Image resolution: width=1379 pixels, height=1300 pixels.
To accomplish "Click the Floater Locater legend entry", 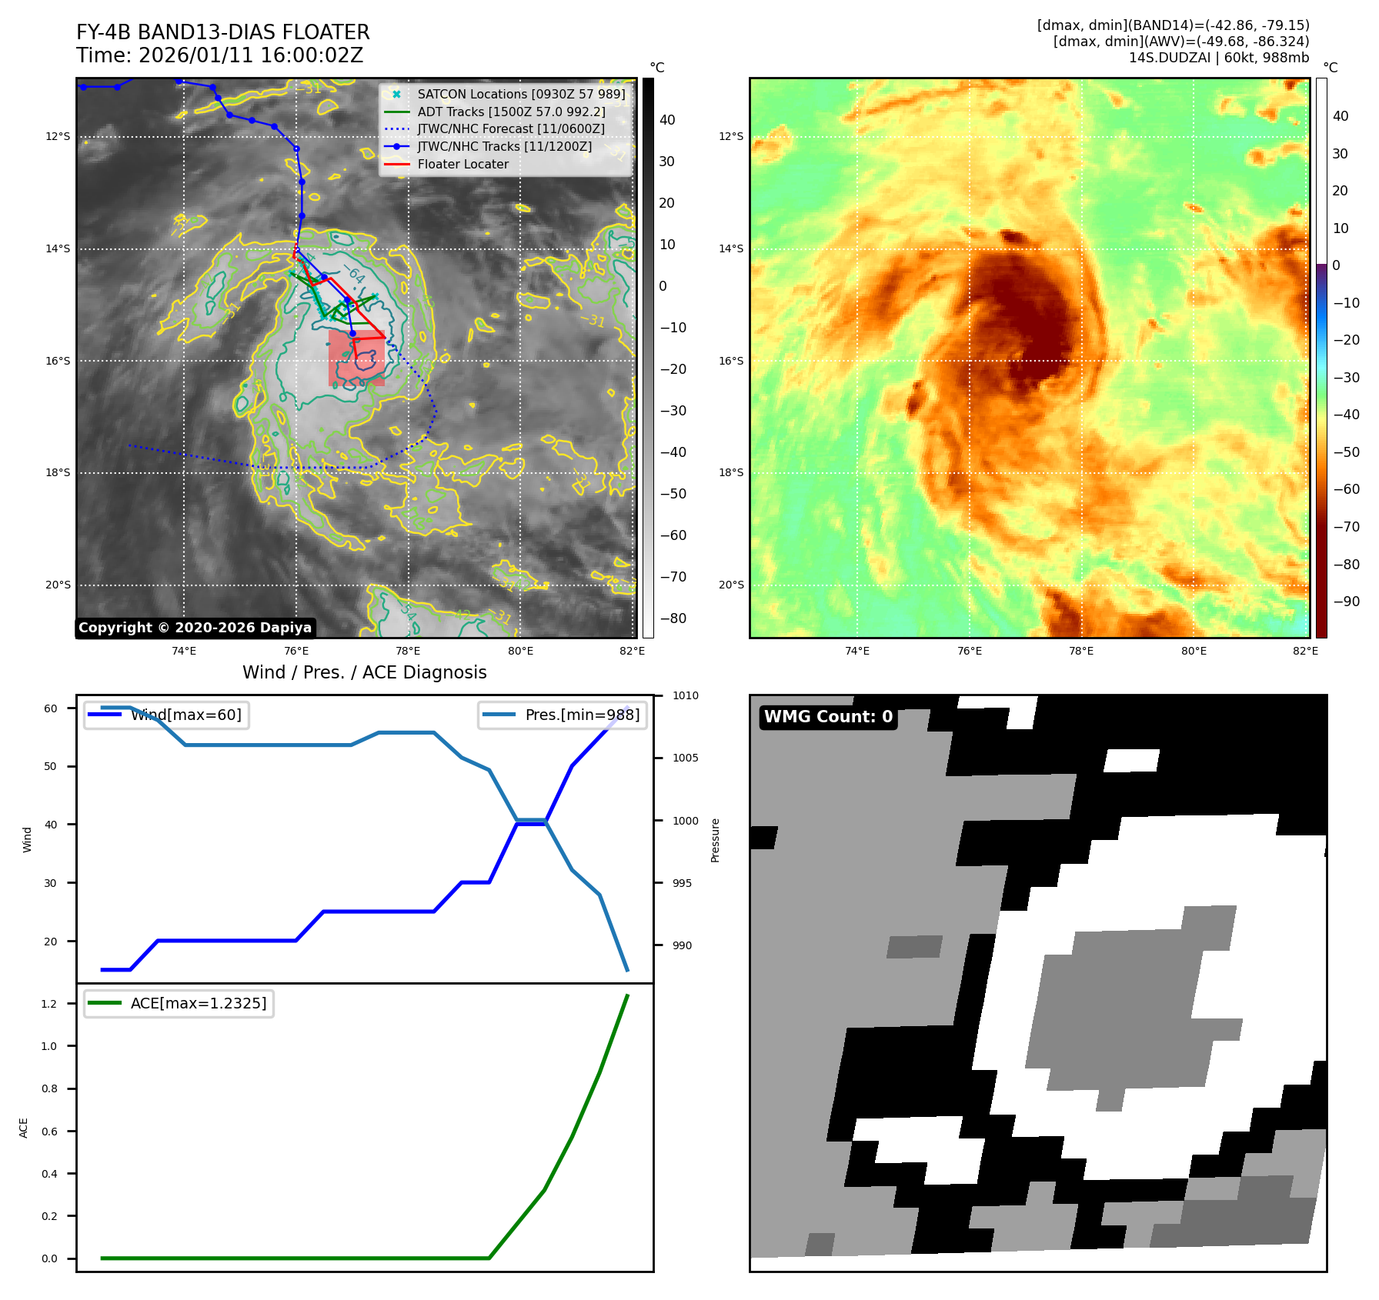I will click(x=462, y=164).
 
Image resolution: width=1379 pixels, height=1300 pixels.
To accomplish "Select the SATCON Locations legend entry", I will click(x=521, y=94).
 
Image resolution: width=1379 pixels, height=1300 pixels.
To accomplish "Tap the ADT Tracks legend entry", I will click(x=511, y=112).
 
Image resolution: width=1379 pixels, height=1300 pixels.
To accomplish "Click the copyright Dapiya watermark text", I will click(x=195, y=628).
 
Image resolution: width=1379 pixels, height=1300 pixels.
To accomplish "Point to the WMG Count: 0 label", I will click(x=828, y=717).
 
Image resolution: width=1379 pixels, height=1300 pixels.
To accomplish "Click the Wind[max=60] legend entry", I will click(x=185, y=715).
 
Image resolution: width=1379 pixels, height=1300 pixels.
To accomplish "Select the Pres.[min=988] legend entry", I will click(x=582, y=715).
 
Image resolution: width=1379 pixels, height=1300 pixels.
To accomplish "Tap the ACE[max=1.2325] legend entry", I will click(x=198, y=1003).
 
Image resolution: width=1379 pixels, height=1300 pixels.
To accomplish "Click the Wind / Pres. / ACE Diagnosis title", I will click(x=365, y=672).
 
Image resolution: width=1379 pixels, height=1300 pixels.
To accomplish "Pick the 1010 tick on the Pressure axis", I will click(x=685, y=695).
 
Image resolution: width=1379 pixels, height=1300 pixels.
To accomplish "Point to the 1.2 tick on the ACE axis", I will click(x=49, y=1004).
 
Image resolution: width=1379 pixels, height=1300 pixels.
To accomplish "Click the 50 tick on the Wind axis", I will click(x=50, y=766).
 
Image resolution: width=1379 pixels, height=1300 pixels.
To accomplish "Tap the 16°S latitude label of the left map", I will click(x=58, y=361).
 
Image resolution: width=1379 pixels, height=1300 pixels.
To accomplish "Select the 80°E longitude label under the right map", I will click(x=1194, y=651).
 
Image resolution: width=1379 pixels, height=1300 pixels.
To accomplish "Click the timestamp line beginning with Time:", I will click(x=219, y=55).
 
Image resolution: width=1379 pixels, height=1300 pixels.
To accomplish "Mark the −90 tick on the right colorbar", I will click(x=1346, y=602).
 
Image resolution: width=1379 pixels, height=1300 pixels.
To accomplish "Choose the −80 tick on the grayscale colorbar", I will click(x=673, y=618).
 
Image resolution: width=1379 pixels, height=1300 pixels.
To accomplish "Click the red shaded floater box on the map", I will click(x=356, y=358).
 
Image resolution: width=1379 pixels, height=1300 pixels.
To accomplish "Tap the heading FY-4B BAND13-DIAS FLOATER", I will click(x=223, y=32).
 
